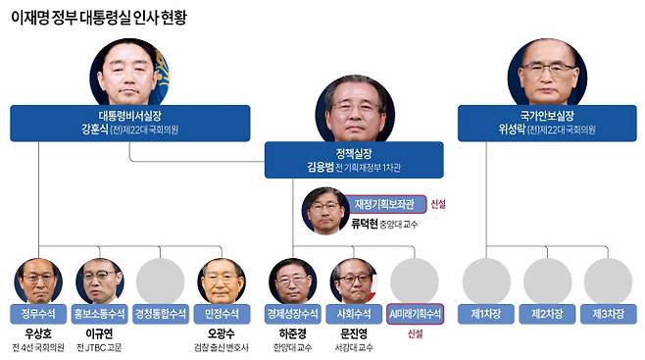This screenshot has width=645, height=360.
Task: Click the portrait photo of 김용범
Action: pos(355,109)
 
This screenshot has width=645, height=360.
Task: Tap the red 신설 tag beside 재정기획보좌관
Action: pos(439,204)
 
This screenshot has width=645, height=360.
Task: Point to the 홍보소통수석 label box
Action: pos(99,314)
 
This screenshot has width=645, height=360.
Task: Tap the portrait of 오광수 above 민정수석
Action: pos(221,281)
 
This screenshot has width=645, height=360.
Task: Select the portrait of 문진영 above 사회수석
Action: pos(354,281)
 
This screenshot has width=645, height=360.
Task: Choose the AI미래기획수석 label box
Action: pos(415,314)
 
